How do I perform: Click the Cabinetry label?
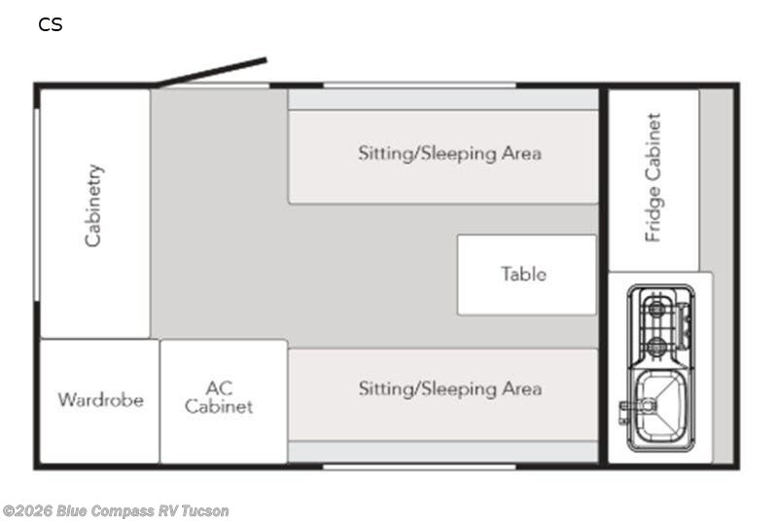93,205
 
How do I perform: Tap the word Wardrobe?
101,400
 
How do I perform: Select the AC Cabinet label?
219,396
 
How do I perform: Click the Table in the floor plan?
526,275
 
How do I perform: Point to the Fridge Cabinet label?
653,178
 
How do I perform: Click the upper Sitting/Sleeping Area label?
449,153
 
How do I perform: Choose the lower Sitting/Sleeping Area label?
449,389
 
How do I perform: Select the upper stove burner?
656,309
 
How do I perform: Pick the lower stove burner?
656,344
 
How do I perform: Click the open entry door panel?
211,73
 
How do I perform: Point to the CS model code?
51,24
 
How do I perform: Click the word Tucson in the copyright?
205,510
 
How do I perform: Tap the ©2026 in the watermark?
28,510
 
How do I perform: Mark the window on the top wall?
420,86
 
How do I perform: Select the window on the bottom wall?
420,466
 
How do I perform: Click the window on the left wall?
37,205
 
